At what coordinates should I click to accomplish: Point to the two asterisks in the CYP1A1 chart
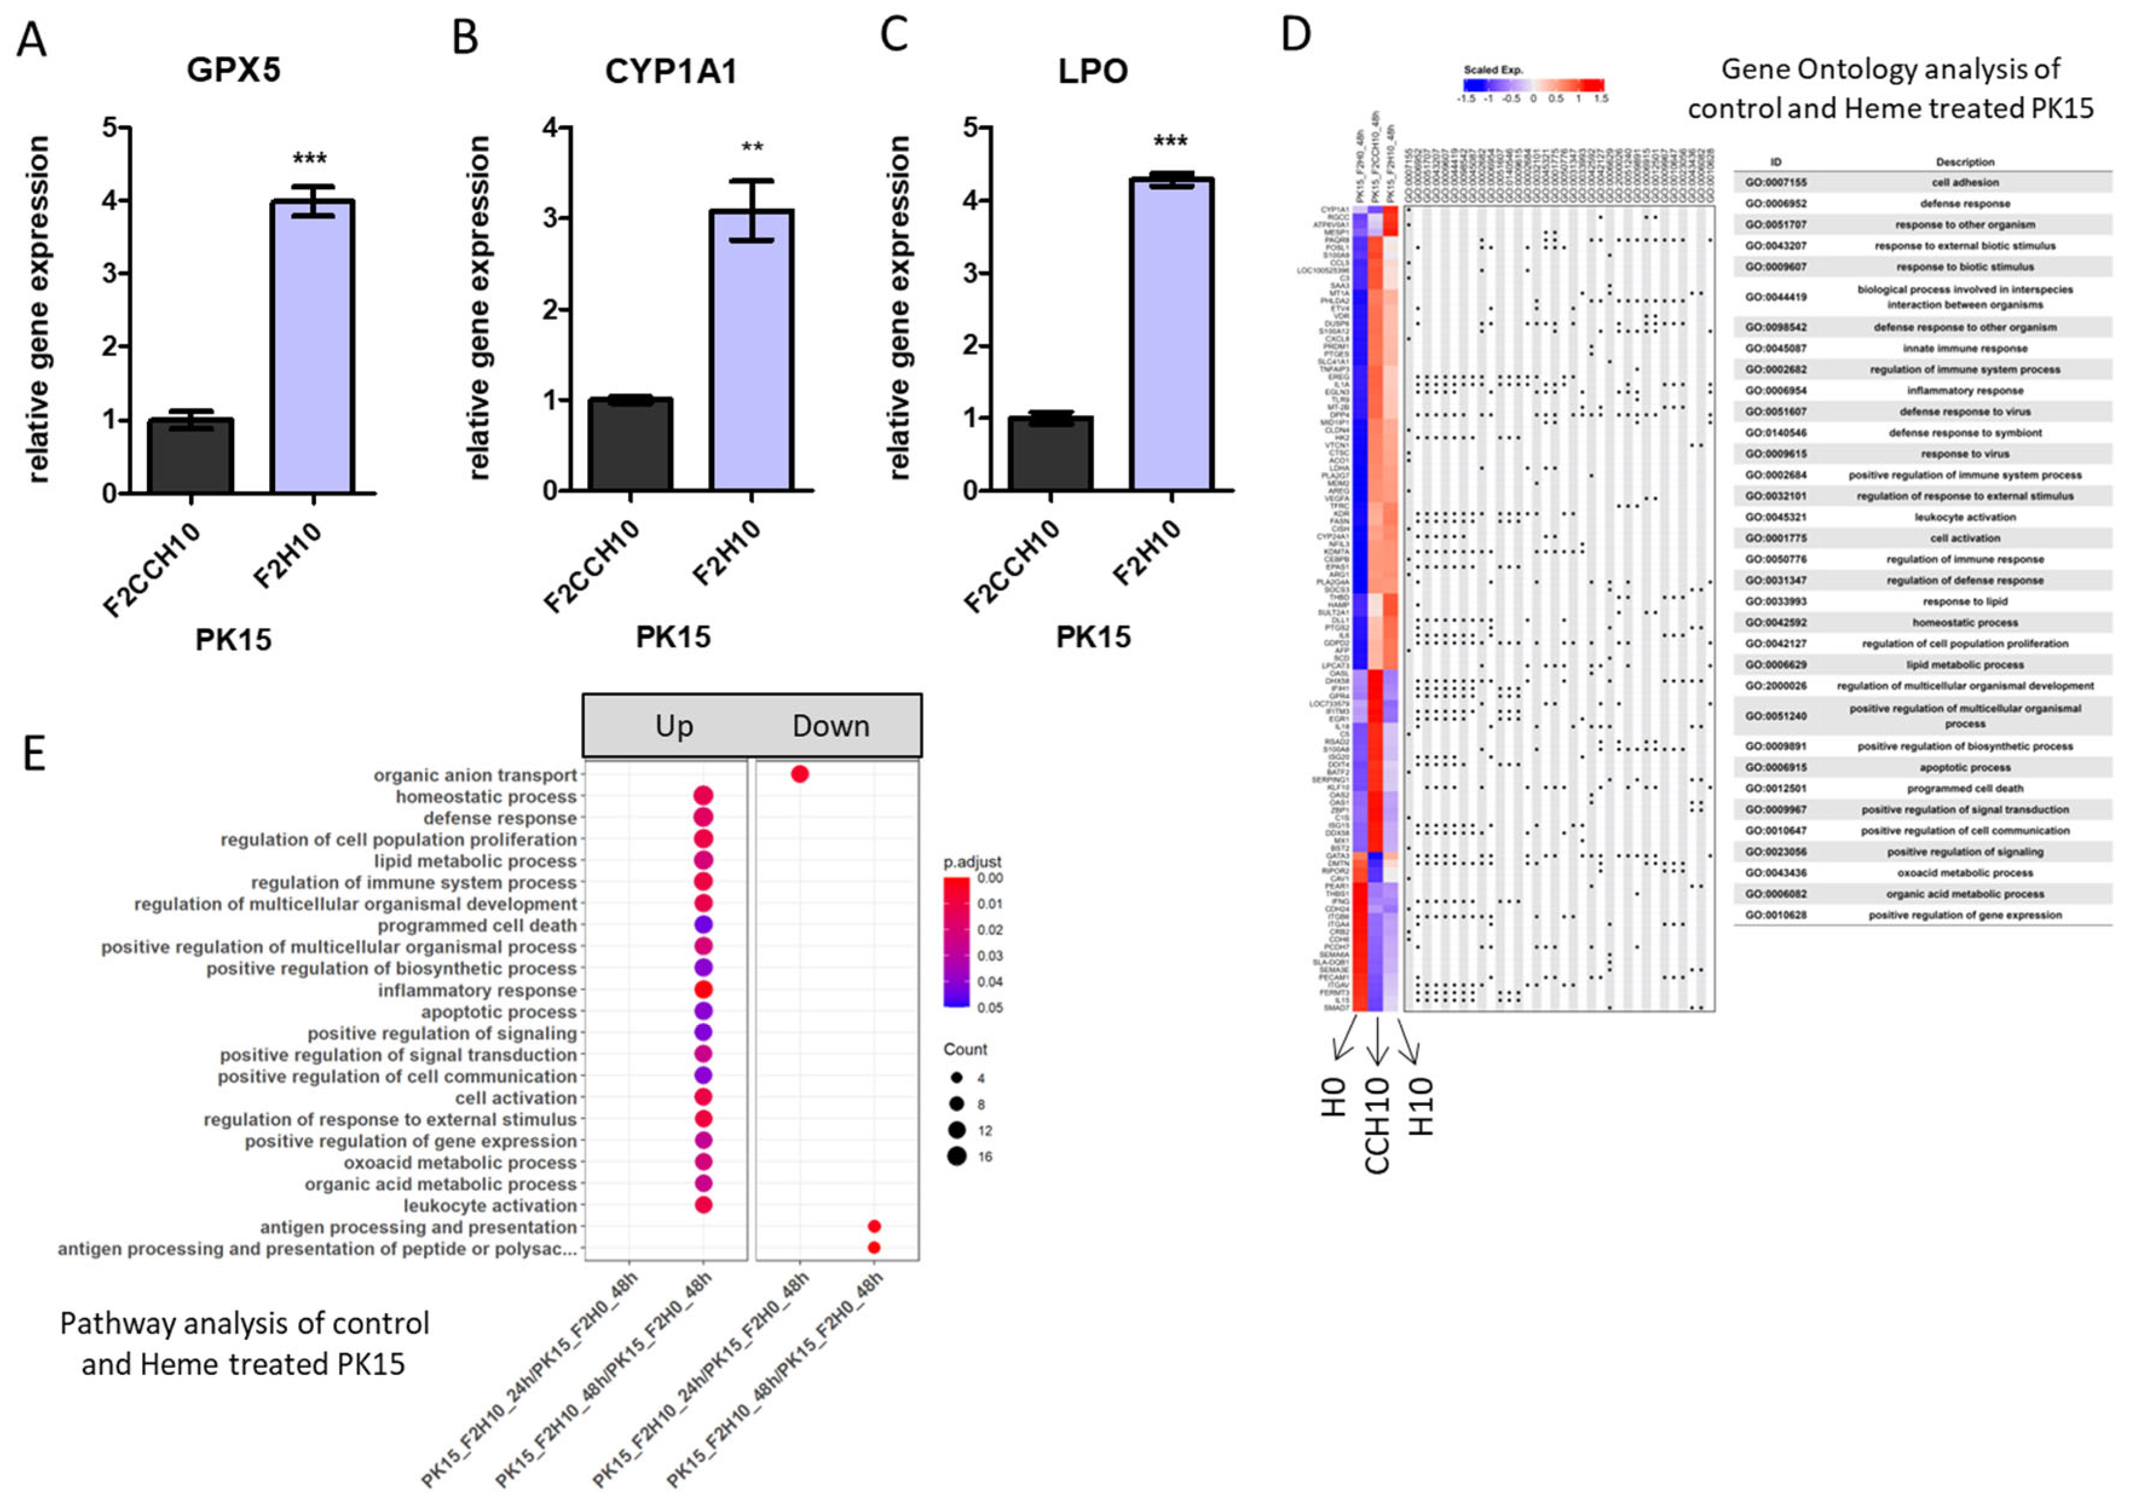click(x=752, y=147)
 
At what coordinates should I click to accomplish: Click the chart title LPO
click(x=1093, y=71)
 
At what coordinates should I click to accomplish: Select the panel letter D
click(x=1295, y=34)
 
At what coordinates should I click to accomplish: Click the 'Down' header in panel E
click(x=830, y=725)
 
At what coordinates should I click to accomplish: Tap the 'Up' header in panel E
click(x=674, y=725)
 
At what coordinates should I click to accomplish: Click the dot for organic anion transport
click(x=800, y=774)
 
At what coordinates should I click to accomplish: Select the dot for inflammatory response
click(x=704, y=989)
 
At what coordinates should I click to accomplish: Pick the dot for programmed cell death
click(x=704, y=924)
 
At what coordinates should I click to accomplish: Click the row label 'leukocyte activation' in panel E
click(x=490, y=1206)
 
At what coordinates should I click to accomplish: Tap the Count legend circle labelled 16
click(x=957, y=1156)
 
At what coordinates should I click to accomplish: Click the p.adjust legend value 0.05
click(x=990, y=1007)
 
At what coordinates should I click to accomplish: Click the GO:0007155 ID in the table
click(x=1775, y=182)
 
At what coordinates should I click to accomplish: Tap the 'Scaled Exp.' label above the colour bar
click(x=1493, y=70)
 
